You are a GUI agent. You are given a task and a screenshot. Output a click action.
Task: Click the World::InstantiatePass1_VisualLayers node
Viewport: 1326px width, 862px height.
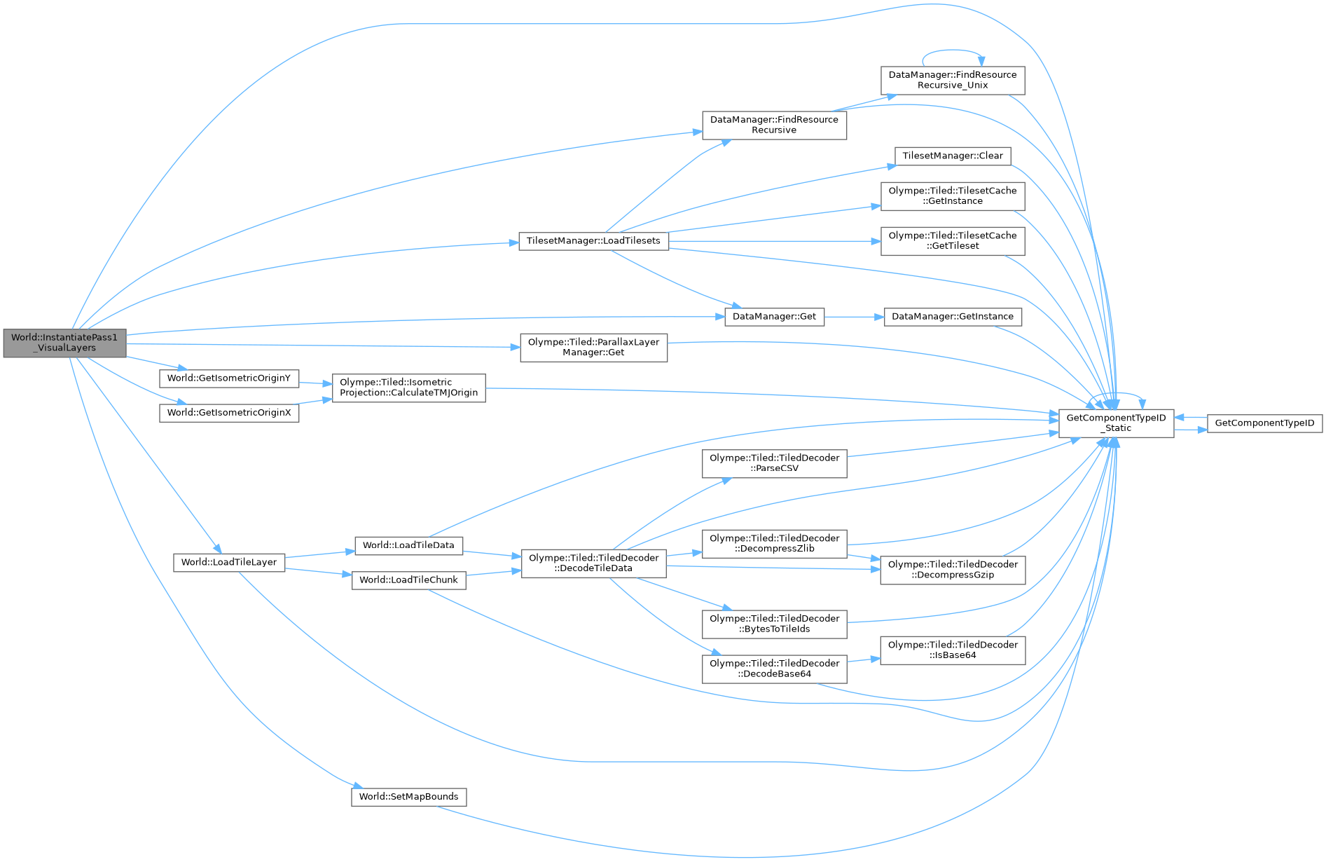(64, 343)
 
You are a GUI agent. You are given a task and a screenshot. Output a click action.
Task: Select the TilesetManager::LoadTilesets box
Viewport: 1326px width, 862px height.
(593, 241)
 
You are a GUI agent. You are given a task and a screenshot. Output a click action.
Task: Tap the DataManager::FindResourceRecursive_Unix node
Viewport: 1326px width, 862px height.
(952, 80)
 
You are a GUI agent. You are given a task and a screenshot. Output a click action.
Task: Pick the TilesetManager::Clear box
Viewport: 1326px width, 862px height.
(952, 156)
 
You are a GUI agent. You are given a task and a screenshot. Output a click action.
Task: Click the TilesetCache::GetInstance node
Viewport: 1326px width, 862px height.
(952, 196)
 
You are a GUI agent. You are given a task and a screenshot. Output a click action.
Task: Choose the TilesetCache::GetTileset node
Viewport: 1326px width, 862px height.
(952, 241)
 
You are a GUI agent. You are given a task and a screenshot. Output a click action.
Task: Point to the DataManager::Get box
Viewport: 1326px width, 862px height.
(773, 317)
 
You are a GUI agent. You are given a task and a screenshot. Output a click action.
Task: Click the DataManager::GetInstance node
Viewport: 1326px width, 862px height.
(952, 317)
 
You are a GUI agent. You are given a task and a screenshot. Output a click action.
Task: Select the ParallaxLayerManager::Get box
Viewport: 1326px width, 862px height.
(593, 348)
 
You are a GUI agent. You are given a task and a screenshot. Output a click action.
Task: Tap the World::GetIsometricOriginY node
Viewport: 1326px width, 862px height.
(229, 378)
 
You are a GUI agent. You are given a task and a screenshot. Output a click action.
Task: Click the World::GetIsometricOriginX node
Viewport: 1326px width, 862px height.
(229, 413)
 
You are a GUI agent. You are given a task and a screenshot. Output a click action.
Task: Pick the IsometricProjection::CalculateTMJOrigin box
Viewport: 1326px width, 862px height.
(408, 388)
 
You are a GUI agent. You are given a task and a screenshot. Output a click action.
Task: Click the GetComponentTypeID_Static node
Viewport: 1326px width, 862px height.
(1116, 423)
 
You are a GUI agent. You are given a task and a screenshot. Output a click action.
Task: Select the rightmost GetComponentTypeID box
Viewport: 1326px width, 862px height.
(1264, 423)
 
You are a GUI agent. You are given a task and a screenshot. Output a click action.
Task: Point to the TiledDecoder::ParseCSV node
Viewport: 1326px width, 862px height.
(774, 463)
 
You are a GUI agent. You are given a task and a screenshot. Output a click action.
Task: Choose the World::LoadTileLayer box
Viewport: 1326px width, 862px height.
(229, 562)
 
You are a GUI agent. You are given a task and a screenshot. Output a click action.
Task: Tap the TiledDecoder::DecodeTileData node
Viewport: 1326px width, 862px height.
(593, 563)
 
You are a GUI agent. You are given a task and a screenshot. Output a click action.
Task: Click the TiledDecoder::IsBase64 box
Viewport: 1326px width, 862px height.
(952, 650)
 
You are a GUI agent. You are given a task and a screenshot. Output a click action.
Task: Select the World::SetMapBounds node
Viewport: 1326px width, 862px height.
(408, 797)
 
